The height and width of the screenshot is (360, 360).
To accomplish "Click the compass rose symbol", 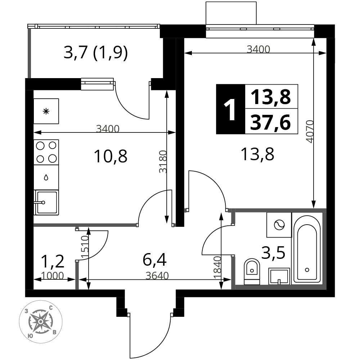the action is coord(41,321).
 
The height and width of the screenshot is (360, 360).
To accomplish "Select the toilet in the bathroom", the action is coord(252,271).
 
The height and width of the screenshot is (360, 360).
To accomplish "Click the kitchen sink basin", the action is coord(46,202).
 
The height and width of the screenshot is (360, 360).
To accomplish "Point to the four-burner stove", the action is coord(46,152).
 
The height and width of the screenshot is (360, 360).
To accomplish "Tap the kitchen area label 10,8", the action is coord(111,156).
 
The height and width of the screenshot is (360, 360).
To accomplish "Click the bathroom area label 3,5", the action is coord(273,252).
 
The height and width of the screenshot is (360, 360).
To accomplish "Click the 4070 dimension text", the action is coord(310,131).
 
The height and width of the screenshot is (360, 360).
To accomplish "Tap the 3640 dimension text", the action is coord(157,275).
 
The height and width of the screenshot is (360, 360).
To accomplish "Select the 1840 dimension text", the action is coord(217,267).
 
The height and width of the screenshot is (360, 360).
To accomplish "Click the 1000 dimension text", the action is coord(52,276).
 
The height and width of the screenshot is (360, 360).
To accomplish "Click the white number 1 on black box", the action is coord(230,109).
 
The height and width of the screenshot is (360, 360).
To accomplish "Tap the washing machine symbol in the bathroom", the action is coord(279,225).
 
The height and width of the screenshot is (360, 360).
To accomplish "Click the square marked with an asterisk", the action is coord(46,111).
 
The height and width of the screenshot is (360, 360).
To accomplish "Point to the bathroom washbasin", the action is coord(279,276).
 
